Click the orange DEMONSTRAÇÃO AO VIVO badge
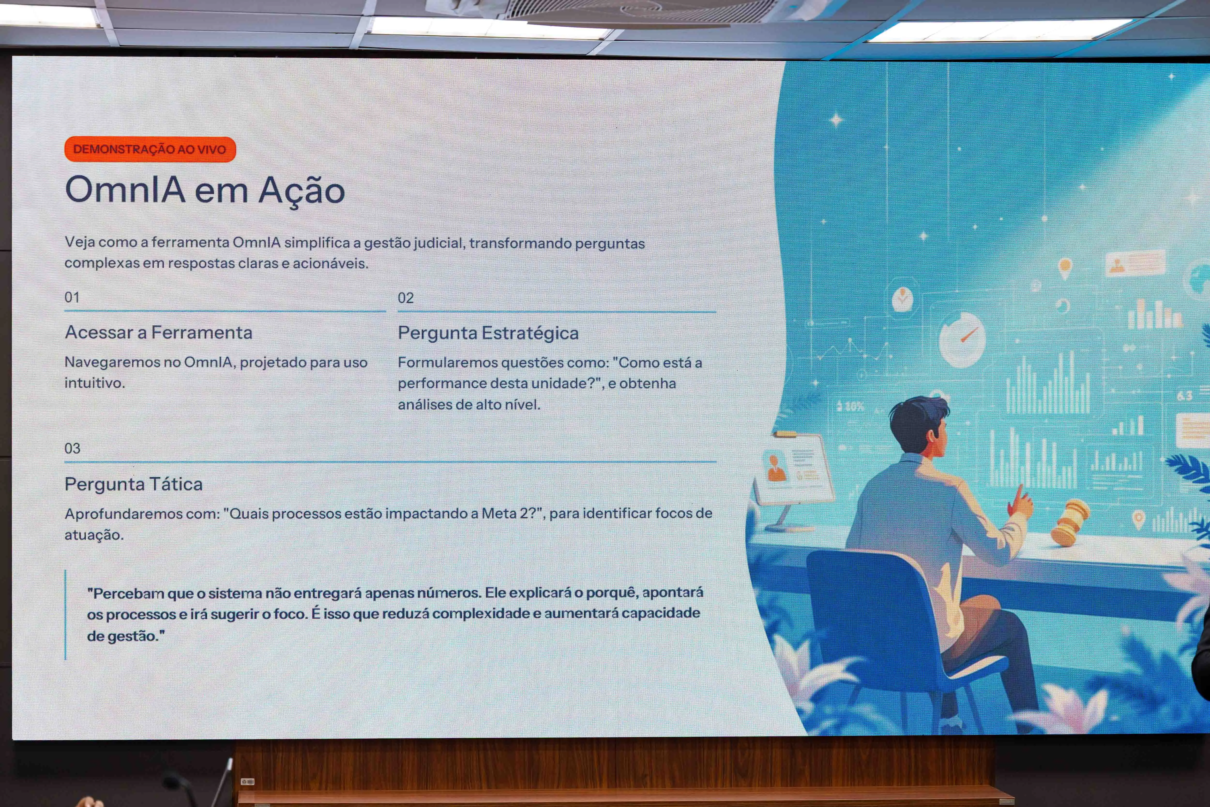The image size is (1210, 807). [150, 149]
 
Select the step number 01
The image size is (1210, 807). [72, 298]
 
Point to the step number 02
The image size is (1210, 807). [405, 298]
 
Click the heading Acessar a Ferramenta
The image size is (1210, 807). [159, 332]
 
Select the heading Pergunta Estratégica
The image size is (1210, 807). [488, 333]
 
